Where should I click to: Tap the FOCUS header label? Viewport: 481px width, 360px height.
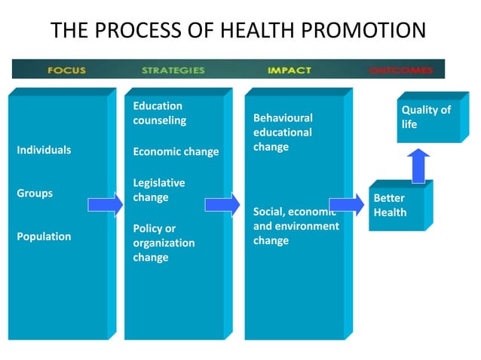[x=66, y=70]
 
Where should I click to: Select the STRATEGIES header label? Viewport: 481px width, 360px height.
[x=173, y=70]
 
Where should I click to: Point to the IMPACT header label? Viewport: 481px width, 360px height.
[x=289, y=70]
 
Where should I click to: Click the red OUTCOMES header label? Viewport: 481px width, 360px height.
[x=401, y=70]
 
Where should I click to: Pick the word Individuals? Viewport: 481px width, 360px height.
[x=44, y=150]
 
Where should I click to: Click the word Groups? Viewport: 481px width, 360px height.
[x=35, y=193]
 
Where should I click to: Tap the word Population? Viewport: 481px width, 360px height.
[x=44, y=236]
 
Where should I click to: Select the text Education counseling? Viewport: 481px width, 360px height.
[x=159, y=113]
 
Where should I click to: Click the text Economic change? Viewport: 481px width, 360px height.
[x=176, y=151]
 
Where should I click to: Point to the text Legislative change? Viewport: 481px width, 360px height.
[x=158, y=190]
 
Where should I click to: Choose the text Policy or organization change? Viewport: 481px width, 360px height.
[x=164, y=243]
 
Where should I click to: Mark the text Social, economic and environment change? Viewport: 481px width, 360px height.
[x=296, y=226]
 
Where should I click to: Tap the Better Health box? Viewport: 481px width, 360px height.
[x=395, y=206]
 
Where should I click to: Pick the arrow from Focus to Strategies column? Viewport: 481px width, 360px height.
[x=105, y=204]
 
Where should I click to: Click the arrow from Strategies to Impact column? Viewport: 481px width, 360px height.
[x=222, y=204]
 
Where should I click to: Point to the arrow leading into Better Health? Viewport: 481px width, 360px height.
[x=346, y=204]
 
